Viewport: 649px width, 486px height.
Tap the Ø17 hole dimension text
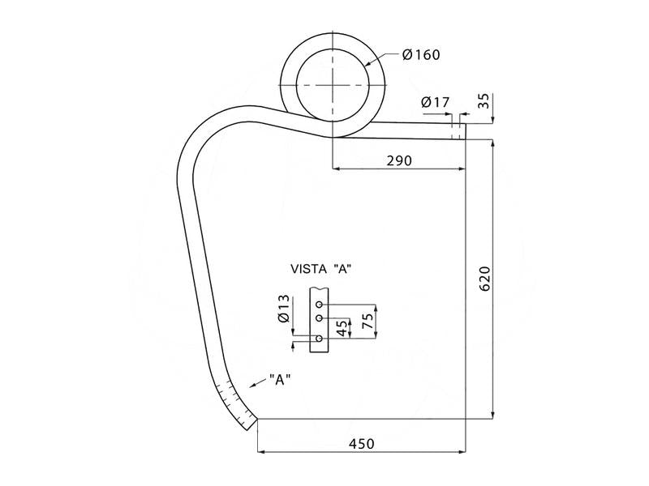click(x=436, y=102)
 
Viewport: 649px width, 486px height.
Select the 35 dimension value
click(x=484, y=101)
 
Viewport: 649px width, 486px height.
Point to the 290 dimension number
click(x=398, y=160)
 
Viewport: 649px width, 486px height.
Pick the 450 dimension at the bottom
click(x=361, y=443)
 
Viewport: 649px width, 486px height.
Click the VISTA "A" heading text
click(x=320, y=268)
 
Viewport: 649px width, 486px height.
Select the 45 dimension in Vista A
click(x=342, y=327)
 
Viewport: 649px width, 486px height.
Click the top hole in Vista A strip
click(x=320, y=296)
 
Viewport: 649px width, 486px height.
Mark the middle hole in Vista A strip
click(x=320, y=307)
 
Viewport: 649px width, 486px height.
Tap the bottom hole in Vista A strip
click(x=320, y=338)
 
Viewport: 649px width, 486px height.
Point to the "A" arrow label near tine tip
click(x=279, y=379)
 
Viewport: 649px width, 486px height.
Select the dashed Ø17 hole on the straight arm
click(x=458, y=127)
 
